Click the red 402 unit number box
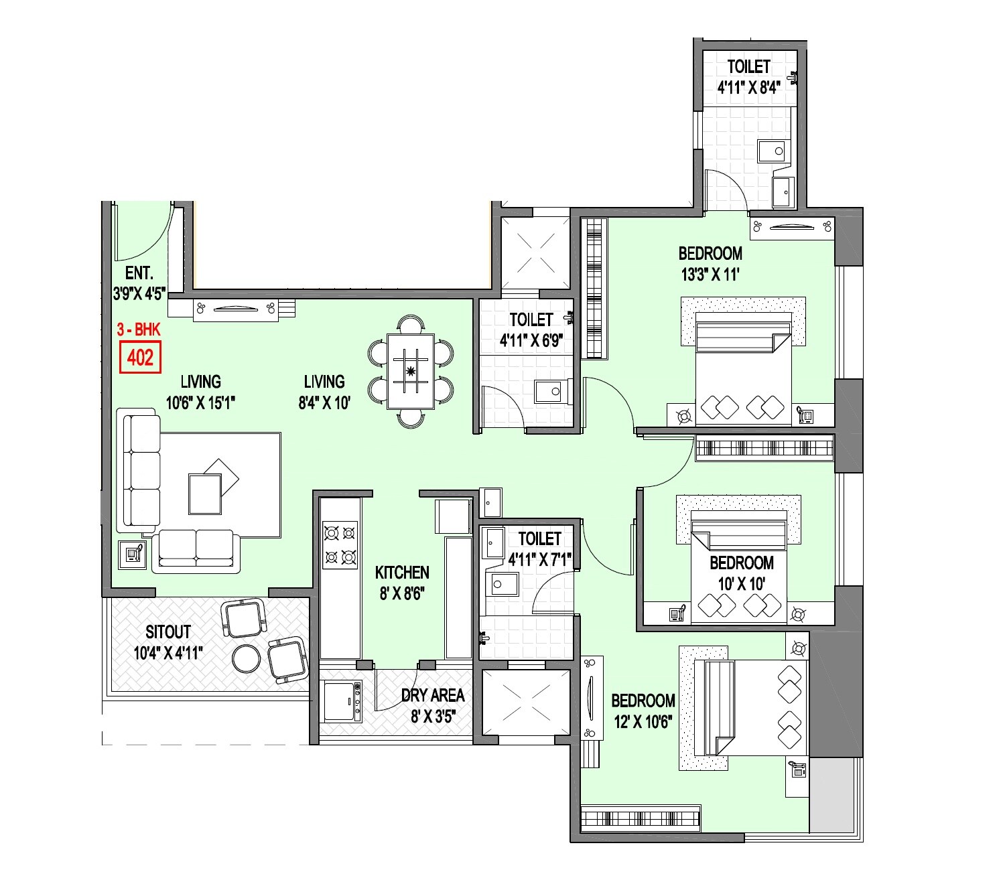point(140,357)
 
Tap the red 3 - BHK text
point(139,329)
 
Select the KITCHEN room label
point(402,573)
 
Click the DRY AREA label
point(433,696)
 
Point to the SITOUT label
point(168,632)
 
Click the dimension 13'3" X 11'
point(710,275)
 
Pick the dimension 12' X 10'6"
point(643,721)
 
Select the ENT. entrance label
point(139,273)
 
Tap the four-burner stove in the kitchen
point(339,544)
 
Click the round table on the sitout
point(246,658)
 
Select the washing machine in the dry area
point(341,701)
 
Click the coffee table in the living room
point(205,494)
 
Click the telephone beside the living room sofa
point(132,554)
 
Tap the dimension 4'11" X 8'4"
point(748,88)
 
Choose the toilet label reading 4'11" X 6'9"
point(531,340)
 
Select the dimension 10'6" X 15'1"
point(200,402)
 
